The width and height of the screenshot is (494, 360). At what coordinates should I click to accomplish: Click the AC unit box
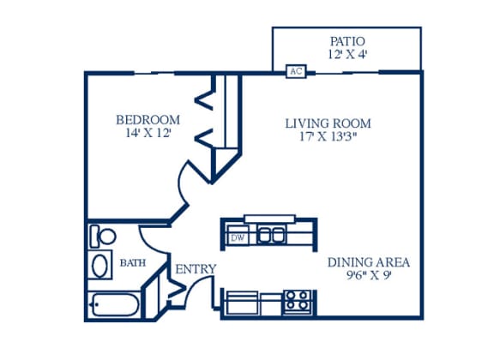296,71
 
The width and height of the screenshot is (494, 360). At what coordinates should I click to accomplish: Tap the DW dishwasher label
238,237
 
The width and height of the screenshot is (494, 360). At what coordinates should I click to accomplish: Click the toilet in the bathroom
103,236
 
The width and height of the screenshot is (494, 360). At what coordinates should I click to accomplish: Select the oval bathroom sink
99,265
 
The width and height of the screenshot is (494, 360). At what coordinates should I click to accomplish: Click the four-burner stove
298,302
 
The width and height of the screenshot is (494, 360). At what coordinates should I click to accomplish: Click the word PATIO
347,41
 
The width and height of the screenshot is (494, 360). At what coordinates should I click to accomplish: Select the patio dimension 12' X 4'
347,55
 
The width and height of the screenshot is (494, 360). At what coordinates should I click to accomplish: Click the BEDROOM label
148,120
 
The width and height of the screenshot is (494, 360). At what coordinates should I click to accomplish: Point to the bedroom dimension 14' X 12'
148,133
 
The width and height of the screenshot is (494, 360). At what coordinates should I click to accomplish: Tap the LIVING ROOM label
328,123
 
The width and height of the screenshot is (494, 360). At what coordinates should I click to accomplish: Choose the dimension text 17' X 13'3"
328,136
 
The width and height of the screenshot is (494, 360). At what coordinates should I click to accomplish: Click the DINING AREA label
369,262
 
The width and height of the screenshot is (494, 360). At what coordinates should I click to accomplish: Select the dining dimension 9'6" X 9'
369,276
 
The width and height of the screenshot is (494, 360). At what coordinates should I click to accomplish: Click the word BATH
133,262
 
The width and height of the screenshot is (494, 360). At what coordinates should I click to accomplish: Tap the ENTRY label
196,269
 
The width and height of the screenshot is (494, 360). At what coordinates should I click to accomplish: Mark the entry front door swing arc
191,285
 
